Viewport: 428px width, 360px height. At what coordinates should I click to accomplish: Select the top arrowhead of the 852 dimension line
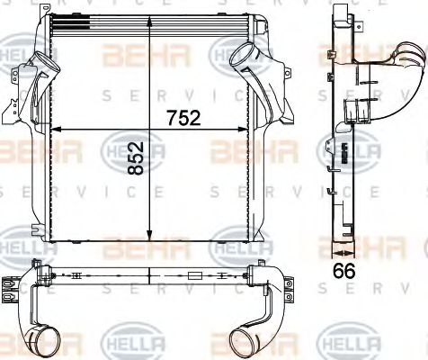pos(149,38)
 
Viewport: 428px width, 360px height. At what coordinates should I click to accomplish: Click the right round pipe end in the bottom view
pos(244,342)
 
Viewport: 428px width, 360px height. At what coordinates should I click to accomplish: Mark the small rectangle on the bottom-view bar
pos(194,275)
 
